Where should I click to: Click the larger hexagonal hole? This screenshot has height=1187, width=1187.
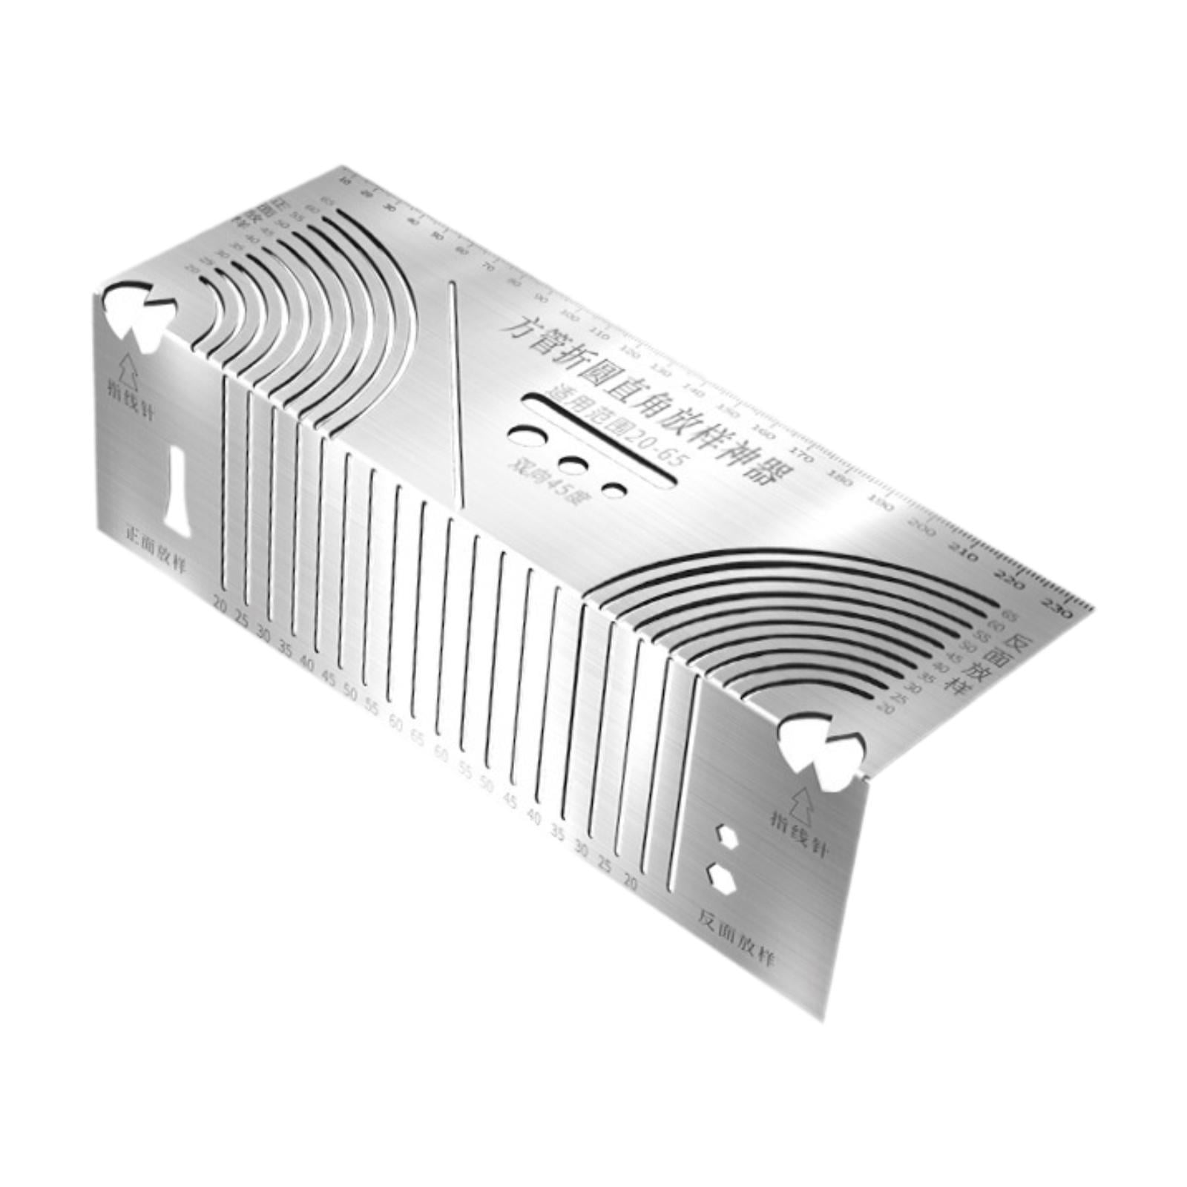(x=721, y=879)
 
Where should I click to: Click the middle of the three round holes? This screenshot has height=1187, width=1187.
(x=572, y=465)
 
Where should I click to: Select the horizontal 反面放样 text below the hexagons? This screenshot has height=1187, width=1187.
(x=736, y=938)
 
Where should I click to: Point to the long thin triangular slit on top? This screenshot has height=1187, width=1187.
(x=455, y=393)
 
